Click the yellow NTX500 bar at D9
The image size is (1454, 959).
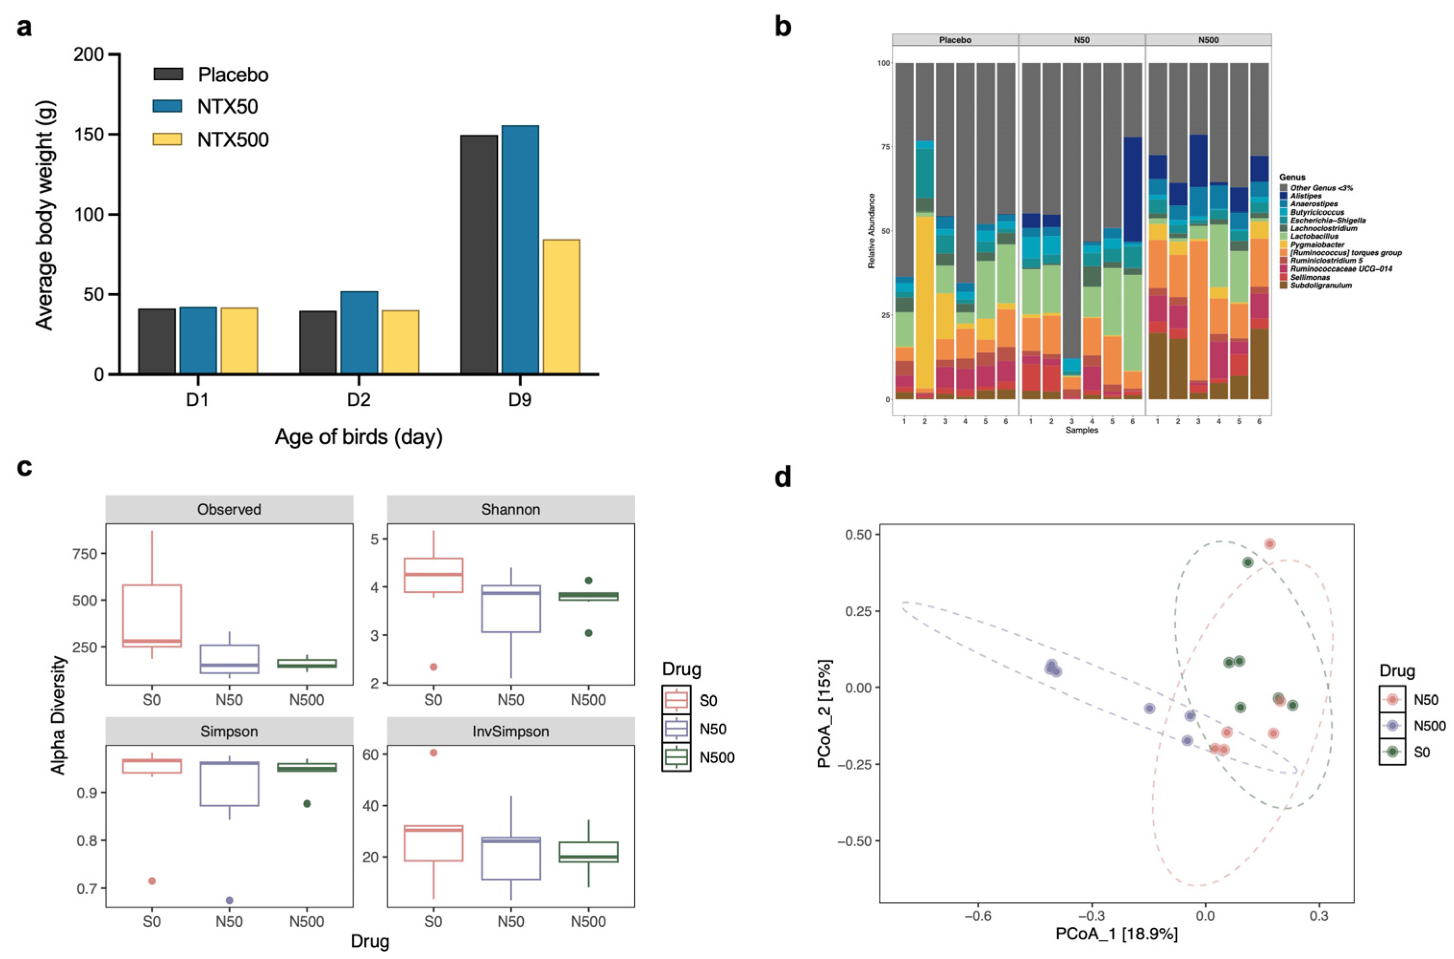point(561,306)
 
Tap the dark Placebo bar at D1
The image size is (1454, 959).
point(157,341)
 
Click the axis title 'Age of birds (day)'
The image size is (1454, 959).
point(359,436)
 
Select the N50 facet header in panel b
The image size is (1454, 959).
point(1081,40)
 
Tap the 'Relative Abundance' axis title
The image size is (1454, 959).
point(872,231)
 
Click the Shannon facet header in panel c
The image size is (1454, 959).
point(510,510)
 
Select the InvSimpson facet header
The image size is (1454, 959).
point(510,732)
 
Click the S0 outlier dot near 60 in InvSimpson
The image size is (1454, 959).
point(433,753)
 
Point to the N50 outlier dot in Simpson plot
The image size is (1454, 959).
point(229,900)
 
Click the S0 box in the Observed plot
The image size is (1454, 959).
point(151,616)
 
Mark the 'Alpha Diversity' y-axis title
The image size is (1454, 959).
point(59,716)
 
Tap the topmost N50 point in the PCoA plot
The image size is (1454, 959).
point(1269,544)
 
